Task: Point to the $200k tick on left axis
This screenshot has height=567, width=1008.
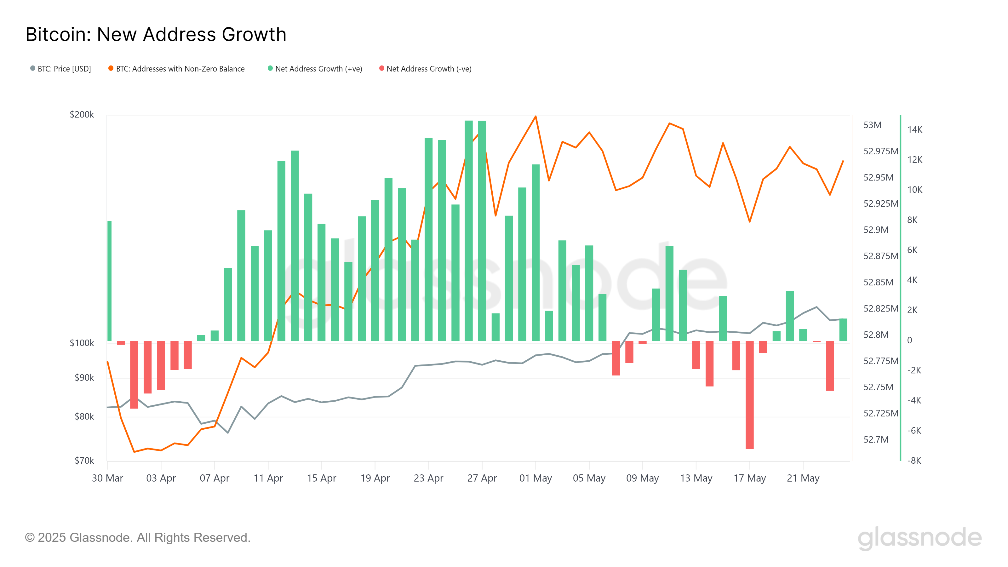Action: [82, 115]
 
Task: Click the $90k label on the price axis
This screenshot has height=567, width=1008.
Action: [84, 378]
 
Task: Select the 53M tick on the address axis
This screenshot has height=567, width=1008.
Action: [872, 125]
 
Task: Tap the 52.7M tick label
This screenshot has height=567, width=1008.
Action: [876, 439]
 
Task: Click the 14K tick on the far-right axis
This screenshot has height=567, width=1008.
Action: [914, 129]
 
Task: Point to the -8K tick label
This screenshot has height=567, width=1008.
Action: [914, 461]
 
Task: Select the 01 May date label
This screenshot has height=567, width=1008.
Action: [535, 478]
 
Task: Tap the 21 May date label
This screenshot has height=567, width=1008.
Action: [803, 478]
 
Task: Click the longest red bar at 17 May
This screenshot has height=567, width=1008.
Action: [749, 395]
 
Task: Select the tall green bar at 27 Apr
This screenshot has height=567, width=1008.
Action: [482, 231]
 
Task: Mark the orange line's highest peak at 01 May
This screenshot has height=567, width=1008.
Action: [535, 116]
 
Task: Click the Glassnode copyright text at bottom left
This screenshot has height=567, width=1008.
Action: [138, 537]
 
